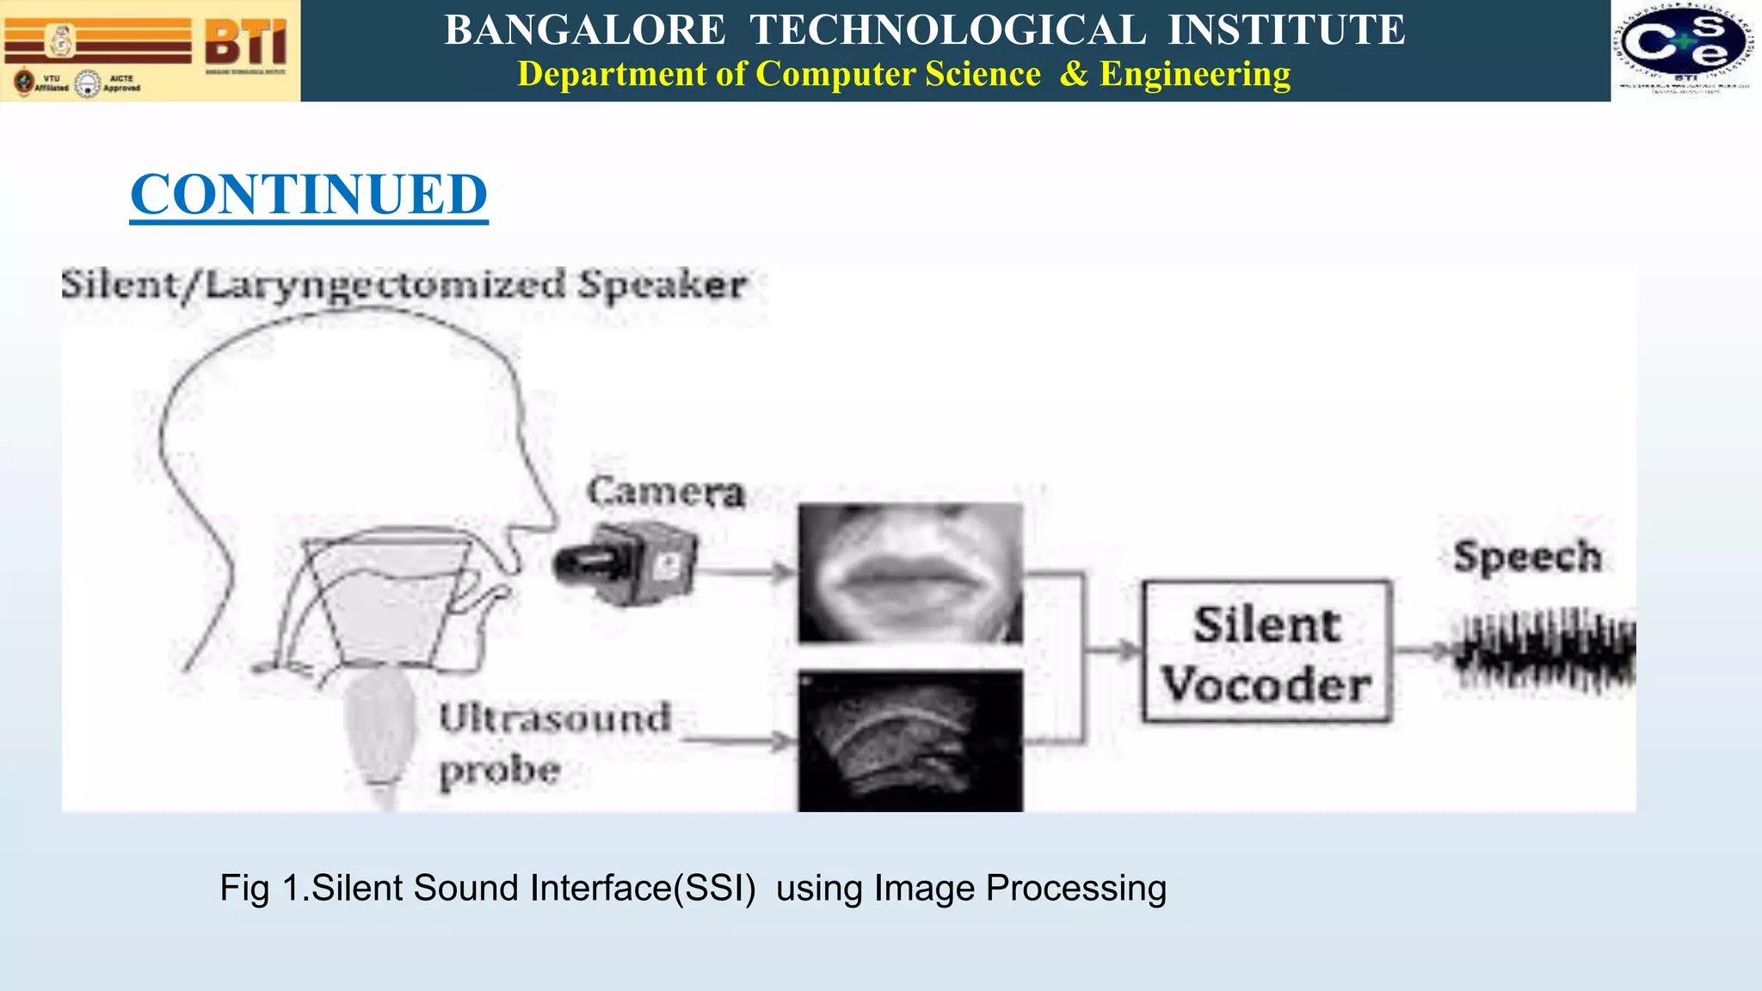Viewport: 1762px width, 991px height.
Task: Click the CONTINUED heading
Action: [309, 194]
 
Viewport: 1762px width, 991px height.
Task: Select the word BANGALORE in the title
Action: [585, 30]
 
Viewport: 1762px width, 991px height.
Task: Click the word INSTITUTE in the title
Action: [1286, 30]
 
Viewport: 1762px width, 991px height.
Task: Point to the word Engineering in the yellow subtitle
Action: [1195, 74]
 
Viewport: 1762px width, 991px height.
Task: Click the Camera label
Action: [665, 492]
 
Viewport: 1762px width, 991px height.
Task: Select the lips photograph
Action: [910, 573]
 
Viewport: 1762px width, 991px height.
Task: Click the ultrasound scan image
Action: [910, 741]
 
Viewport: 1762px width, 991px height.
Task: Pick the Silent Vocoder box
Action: [1266, 652]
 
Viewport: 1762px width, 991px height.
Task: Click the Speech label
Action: [1527, 557]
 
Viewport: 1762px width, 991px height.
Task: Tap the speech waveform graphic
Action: [1545, 650]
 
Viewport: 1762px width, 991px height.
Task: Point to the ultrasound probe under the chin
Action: [379, 731]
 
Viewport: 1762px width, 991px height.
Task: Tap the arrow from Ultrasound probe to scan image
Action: [740, 740]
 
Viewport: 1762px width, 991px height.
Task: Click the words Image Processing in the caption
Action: [1020, 889]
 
